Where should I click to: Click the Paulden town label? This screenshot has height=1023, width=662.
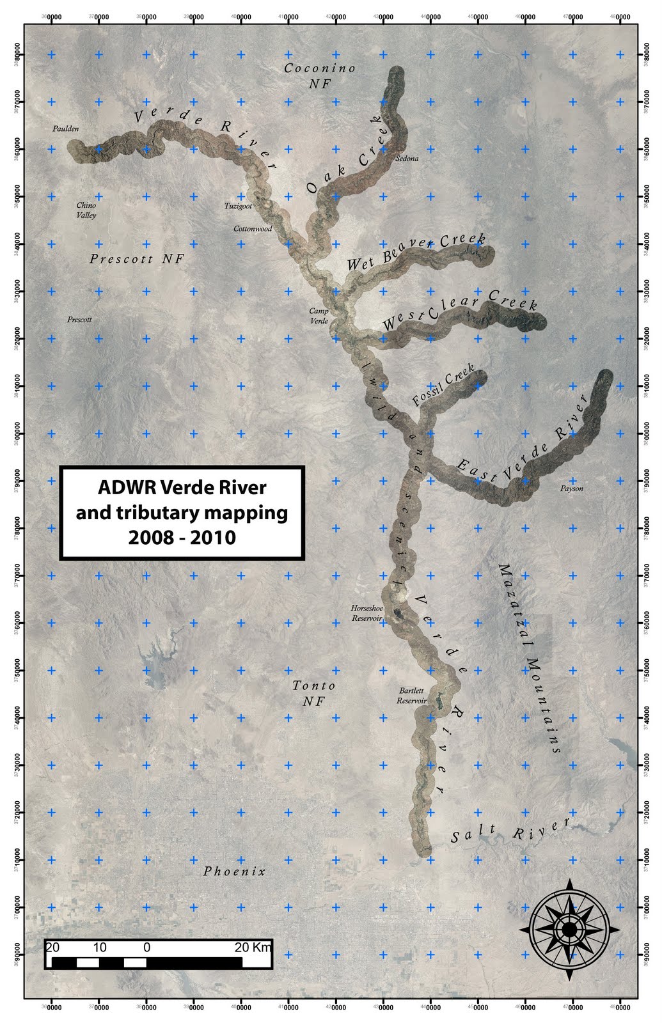[x=65, y=129]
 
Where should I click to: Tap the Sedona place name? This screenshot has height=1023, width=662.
[x=407, y=159]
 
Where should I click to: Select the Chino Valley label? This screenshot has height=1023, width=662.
[x=86, y=210]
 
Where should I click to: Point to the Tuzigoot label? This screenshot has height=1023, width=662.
[x=238, y=206]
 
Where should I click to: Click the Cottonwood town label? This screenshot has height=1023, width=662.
[x=253, y=228]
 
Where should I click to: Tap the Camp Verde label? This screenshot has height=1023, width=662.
[x=319, y=316]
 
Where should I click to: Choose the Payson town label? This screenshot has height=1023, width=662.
[x=571, y=488]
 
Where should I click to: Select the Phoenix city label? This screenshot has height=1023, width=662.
[x=234, y=871]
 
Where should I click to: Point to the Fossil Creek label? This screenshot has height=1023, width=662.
[x=444, y=385]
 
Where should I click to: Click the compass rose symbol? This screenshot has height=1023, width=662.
[x=568, y=929]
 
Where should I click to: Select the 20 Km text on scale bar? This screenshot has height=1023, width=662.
[x=253, y=947]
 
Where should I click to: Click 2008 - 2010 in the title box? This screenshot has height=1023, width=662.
[x=182, y=537]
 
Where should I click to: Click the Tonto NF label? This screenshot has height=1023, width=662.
[x=314, y=693]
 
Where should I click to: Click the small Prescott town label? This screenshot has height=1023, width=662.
[x=79, y=319]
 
